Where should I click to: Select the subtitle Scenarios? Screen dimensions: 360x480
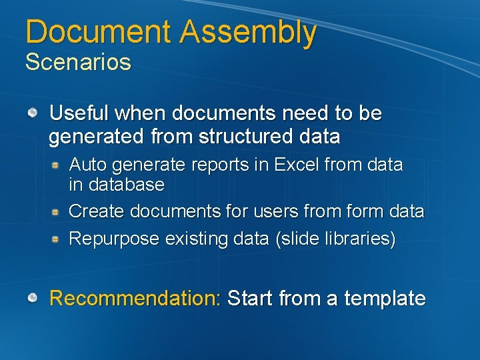coord(78,63)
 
